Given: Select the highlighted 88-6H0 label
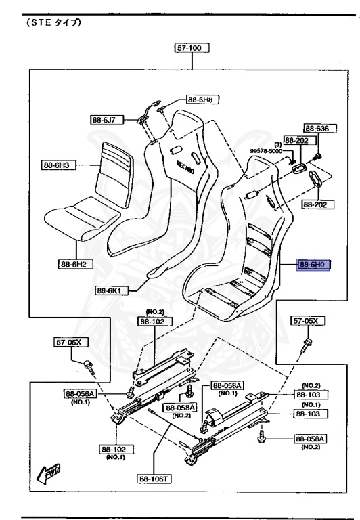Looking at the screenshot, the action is point(313,265).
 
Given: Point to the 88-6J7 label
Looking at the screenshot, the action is point(106,120).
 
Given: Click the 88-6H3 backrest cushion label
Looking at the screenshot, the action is point(58,165).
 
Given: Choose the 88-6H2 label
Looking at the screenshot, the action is point(76,264).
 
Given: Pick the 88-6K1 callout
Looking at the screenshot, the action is point(111,290).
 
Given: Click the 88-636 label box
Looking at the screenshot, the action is point(319,129).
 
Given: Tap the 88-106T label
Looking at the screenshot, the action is point(154,479).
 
